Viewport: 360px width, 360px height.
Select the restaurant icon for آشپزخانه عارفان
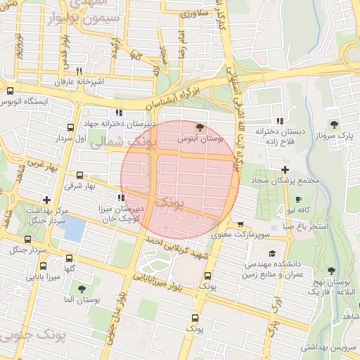(x=79, y=70)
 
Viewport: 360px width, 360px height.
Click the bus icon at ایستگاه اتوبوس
(x=10, y=91)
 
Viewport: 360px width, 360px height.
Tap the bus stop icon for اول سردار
(x=70, y=127)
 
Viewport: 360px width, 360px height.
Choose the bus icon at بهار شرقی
(x=79, y=176)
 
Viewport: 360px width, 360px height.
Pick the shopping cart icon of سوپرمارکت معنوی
(x=240, y=226)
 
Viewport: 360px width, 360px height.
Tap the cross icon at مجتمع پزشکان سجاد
(x=285, y=169)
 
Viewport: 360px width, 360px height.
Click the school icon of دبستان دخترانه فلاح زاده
(x=280, y=120)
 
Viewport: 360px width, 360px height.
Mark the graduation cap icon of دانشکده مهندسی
(x=272, y=253)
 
